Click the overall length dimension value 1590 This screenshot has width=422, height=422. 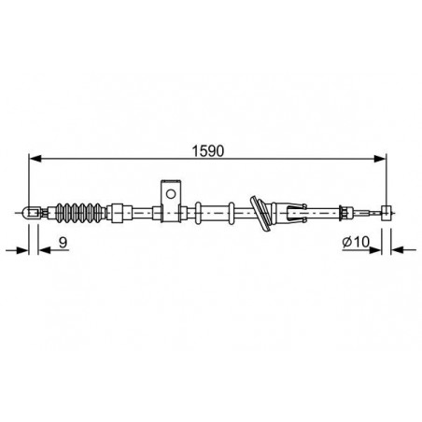point(208,151)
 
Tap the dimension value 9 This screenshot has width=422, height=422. point(63,242)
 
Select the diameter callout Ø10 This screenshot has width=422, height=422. point(356,242)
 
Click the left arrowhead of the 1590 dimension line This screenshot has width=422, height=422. point(35,159)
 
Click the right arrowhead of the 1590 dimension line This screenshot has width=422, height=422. point(380,159)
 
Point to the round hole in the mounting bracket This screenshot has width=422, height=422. point(171,194)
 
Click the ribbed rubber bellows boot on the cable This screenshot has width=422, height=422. point(79,213)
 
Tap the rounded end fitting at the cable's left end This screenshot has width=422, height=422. point(31,213)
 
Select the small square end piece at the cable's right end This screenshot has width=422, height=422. point(387,213)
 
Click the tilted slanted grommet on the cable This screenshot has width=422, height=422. point(260,214)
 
